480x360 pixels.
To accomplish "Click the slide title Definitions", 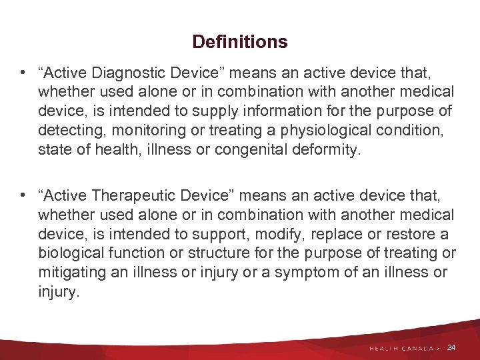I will pyautogui.click(x=240, y=42).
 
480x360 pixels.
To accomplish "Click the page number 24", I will pyautogui.click(x=451, y=347).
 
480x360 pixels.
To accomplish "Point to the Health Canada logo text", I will pyautogui.click(x=400, y=348).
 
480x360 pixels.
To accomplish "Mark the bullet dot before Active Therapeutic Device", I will pyautogui.click(x=23, y=195).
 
